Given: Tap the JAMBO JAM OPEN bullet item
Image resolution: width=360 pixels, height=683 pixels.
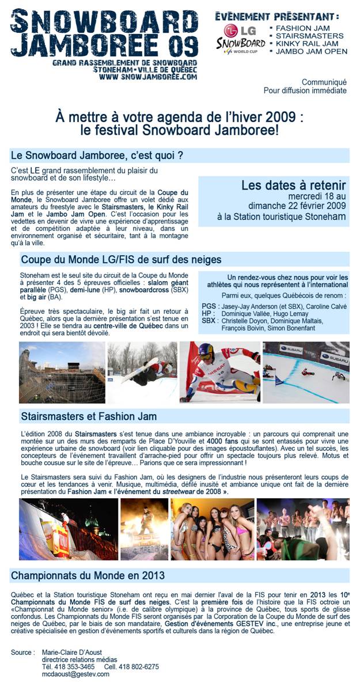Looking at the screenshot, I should click(x=311, y=51).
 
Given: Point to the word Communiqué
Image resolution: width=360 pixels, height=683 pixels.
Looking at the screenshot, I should click(x=324, y=82).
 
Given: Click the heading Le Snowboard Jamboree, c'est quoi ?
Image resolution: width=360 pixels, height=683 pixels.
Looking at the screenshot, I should click(x=97, y=155).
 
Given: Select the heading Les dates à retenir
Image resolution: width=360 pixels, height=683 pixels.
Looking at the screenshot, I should click(x=293, y=185).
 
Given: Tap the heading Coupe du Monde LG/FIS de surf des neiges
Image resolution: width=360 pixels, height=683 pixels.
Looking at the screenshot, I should click(x=121, y=260).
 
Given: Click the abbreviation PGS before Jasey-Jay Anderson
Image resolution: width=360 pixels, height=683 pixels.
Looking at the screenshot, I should click(x=209, y=306).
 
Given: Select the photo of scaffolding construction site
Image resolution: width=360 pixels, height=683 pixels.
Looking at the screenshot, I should click(x=62, y=372).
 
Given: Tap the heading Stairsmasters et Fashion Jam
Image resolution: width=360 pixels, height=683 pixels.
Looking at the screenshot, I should click(x=89, y=416).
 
